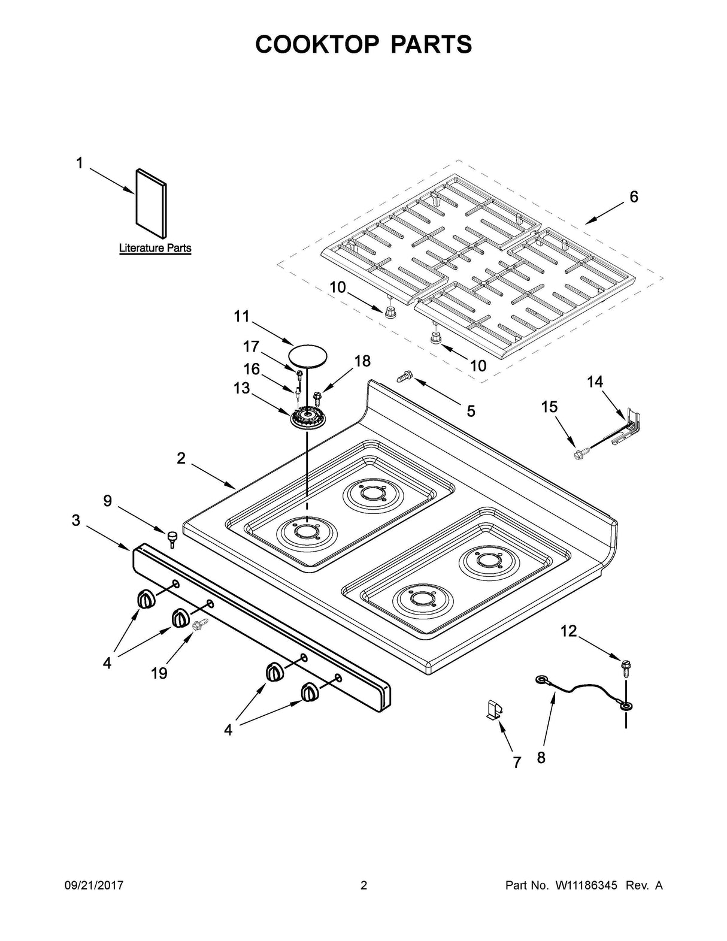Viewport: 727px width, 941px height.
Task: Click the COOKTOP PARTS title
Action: [x=363, y=44]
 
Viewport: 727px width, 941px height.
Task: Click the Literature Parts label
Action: [x=155, y=248]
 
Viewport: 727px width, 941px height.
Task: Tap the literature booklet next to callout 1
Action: [x=152, y=202]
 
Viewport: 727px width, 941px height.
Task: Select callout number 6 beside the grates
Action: [x=634, y=196]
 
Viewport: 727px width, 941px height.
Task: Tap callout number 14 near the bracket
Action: [x=595, y=382]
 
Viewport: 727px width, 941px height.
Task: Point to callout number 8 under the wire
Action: [x=541, y=758]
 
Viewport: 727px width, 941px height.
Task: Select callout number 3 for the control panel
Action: [x=75, y=520]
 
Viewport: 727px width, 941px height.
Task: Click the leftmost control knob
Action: [x=146, y=598]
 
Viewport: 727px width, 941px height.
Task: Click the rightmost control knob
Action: [x=310, y=692]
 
